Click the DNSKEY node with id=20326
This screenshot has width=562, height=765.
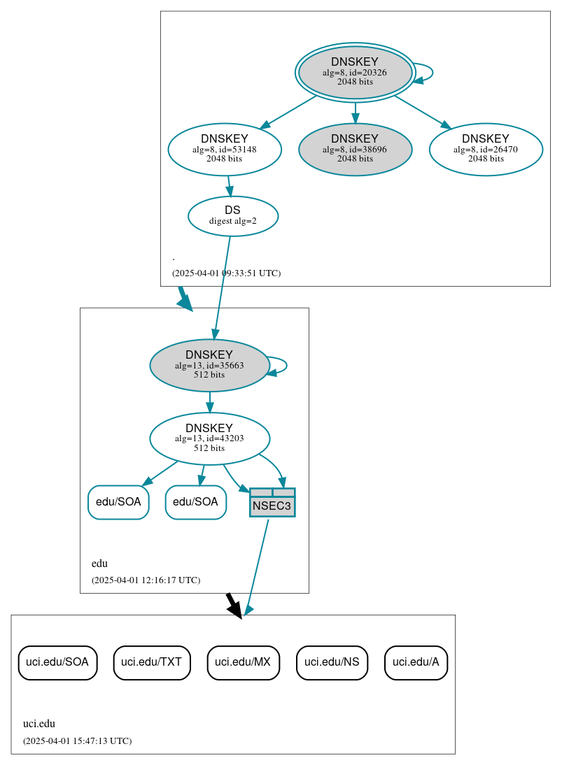coord(355,72)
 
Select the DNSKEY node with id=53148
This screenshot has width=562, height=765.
coord(225,149)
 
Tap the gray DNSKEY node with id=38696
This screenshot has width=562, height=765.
coord(355,149)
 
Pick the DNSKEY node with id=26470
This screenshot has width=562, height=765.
coord(486,149)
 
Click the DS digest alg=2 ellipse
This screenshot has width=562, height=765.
coord(233,216)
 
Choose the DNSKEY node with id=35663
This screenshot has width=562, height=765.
coord(209,365)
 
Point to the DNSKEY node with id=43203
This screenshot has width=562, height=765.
coord(209,438)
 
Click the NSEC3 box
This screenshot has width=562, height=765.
coord(272,503)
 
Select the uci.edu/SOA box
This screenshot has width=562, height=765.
coord(57,662)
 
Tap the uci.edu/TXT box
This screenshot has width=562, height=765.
coord(151,662)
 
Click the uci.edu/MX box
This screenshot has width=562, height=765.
coord(243,662)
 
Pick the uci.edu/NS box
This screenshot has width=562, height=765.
coord(332,662)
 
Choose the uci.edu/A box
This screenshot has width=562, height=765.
coord(416,662)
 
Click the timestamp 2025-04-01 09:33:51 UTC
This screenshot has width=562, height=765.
coord(226,273)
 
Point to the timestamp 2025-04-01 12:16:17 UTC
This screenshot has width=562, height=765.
coord(146,580)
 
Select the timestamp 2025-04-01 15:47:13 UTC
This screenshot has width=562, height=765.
coord(77,741)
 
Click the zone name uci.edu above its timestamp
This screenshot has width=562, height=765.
coord(39,724)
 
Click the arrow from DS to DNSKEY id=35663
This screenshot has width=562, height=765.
coord(222,287)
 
